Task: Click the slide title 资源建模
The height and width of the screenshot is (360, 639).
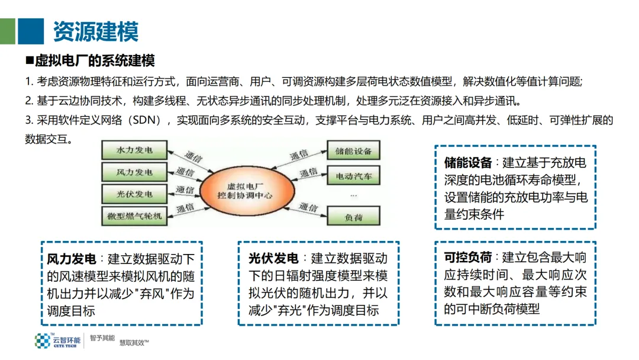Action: point(96,31)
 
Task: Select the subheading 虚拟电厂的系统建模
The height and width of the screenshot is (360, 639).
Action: point(95,61)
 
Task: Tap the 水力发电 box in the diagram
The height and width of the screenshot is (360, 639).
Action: point(134,150)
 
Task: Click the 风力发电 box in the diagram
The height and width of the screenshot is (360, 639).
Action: point(134,172)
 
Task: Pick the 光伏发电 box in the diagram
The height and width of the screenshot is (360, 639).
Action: point(134,194)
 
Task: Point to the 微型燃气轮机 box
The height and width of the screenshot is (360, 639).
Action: point(134,216)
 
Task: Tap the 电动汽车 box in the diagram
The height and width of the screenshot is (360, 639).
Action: point(353,176)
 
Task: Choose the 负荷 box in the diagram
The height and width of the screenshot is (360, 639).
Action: point(353,217)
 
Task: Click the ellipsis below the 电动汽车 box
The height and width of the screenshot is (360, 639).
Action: point(353,195)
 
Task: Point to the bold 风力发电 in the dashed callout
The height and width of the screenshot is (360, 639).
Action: point(71,259)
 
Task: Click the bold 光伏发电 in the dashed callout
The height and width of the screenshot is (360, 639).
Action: point(273,259)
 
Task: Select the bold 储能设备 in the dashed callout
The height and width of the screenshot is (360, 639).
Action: point(468,163)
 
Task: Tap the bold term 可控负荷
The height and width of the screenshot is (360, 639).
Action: point(468,258)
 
